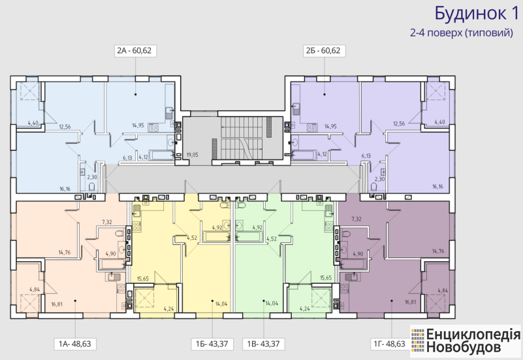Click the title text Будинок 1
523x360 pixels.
click(x=477, y=14)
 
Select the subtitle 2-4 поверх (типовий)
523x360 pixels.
click(x=462, y=33)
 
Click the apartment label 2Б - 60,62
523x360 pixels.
click(x=323, y=51)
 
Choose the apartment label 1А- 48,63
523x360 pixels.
click(x=74, y=344)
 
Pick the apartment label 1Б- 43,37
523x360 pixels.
click(x=212, y=344)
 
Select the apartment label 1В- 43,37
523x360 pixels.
click(x=264, y=344)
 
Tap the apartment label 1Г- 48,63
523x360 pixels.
click(x=389, y=344)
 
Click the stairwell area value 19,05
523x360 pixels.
click(x=193, y=155)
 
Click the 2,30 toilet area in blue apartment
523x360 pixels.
click(x=92, y=177)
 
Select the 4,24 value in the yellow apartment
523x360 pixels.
click(x=168, y=308)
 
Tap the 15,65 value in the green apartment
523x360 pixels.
click(x=326, y=278)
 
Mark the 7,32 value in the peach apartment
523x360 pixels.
click(x=107, y=222)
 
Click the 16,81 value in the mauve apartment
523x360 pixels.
click(x=411, y=302)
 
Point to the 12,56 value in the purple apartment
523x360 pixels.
click(x=399, y=123)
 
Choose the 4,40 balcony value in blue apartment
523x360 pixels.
click(x=33, y=122)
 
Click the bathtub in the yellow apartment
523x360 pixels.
click(x=215, y=237)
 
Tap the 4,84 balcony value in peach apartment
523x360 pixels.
click(x=35, y=289)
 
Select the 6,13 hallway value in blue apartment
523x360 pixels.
click(x=127, y=158)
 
